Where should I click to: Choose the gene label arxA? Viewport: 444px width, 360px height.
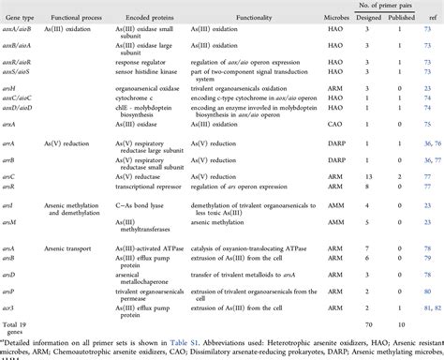(12, 123)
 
